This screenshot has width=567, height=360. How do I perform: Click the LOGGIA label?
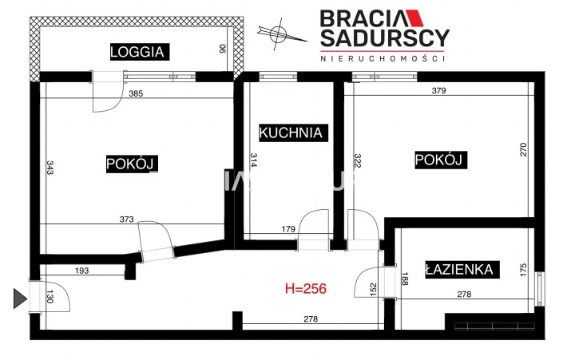point(140,52)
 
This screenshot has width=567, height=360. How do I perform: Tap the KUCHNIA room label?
point(293,133)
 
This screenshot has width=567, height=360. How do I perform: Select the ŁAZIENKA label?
point(462,269)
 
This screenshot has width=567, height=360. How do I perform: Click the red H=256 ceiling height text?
point(306,288)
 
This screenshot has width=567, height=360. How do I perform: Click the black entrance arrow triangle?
point(20,299)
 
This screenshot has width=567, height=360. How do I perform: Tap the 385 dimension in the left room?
point(136,93)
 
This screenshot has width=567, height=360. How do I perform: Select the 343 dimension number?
point(50,168)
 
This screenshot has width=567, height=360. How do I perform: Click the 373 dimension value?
point(126,219)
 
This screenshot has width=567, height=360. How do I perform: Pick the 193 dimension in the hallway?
point(81,271)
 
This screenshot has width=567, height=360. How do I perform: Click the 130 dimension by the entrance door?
point(50,297)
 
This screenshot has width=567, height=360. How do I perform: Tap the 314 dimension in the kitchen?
point(253,160)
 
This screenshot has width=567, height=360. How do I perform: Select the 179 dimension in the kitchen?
point(288,229)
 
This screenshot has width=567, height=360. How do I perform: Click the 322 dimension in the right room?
point(358,160)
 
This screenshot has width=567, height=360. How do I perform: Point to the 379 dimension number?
point(438,90)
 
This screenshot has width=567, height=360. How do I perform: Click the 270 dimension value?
point(523,149)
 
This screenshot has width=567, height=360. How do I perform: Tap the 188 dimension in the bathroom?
point(405,279)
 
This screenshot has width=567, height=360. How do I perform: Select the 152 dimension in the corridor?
point(374,289)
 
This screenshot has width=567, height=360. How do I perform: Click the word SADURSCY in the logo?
point(385,38)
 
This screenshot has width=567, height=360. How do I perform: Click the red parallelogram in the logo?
point(414,18)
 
